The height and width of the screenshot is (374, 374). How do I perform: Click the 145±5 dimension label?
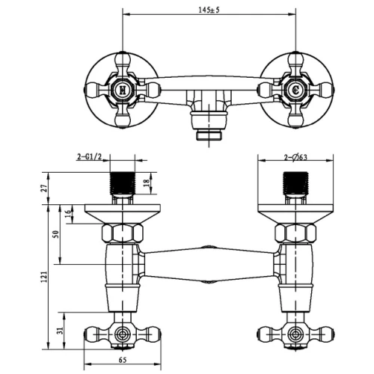209,10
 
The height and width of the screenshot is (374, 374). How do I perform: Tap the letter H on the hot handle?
123,90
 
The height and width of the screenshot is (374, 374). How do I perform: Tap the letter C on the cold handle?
295,90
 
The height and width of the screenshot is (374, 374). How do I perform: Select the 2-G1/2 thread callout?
89,157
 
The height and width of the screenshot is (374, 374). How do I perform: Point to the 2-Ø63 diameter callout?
295,157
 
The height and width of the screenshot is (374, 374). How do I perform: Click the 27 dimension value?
44,188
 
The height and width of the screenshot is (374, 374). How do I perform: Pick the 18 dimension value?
147,183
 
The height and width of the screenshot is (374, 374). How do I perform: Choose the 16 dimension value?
68,214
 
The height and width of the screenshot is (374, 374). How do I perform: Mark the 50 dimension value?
56,234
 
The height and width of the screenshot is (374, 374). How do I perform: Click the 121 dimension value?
44,277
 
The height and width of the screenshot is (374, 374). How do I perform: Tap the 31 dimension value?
61,331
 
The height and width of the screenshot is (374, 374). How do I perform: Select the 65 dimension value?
123,360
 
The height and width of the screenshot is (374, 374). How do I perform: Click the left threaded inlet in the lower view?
123,183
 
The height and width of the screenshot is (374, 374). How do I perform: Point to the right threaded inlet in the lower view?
295,183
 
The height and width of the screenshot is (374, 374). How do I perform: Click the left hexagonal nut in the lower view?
123,233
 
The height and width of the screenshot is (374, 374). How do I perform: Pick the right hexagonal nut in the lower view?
295,233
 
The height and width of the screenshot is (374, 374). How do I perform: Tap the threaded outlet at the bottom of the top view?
209,135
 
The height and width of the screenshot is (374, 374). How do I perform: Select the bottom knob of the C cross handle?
295,121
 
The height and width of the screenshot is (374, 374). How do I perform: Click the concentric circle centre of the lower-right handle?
295,334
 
